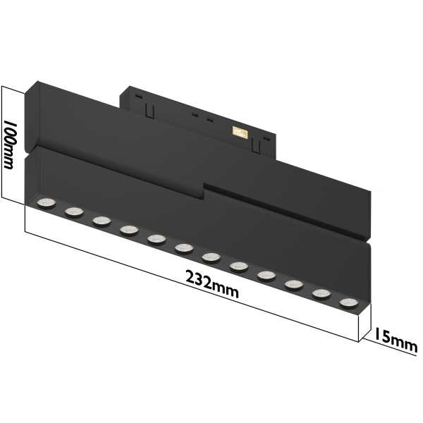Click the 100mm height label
(x=10, y=145)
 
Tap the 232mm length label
(x=211, y=283)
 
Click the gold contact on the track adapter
(x=241, y=131)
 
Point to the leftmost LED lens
(x=46, y=203)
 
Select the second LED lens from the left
(x=73, y=211)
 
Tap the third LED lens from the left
(x=100, y=221)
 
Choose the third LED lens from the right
(x=293, y=285)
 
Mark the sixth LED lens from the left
(x=183, y=248)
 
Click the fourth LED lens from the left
(x=128, y=230)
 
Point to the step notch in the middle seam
(x=205, y=188)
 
